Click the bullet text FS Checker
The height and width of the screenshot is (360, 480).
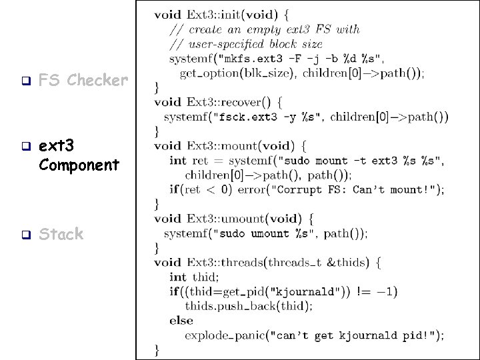[x=83, y=81]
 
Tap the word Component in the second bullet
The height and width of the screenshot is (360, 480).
[x=79, y=164]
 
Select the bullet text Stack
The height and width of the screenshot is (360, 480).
[x=61, y=234]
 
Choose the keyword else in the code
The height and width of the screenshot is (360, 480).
[x=181, y=321]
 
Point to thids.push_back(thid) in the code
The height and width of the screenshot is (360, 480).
[x=248, y=306]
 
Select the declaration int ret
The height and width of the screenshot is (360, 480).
[x=189, y=161]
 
